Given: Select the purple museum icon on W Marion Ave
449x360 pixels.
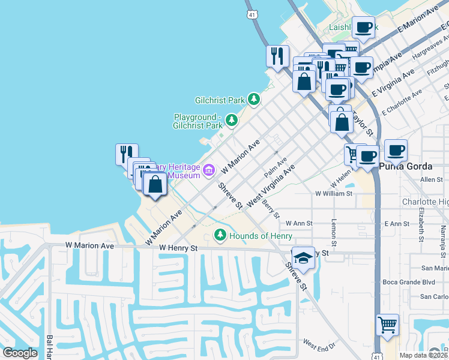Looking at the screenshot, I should pyautogui.click(x=209, y=170).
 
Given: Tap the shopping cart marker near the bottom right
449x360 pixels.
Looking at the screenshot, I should pyautogui.click(x=387, y=325).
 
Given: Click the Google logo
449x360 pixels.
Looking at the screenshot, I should pyautogui.click(x=20, y=353).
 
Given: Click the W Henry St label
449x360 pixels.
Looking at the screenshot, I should pyautogui.click(x=178, y=247).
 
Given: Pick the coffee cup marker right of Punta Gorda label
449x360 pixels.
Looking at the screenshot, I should pyautogui.click(x=396, y=150).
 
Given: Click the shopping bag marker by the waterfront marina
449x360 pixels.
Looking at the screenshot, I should pyautogui.click(x=155, y=184).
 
